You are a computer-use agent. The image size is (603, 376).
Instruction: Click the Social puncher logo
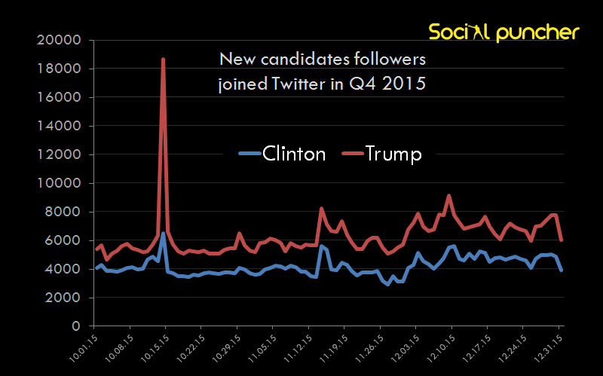[x=504, y=32]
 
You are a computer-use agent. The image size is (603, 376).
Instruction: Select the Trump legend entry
[x=381, y=154]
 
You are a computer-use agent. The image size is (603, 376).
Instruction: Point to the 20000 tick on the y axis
[x=58, y=40]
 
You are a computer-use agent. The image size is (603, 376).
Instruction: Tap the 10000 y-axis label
[x=58, y=183]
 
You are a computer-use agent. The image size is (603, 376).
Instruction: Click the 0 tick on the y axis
[x=77, y=326]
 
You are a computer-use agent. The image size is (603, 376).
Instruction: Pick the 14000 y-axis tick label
[x=58, y=126]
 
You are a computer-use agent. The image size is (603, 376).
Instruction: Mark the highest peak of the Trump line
[x=164, y=59]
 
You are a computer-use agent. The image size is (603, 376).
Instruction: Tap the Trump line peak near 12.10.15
[x=449, y=196]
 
